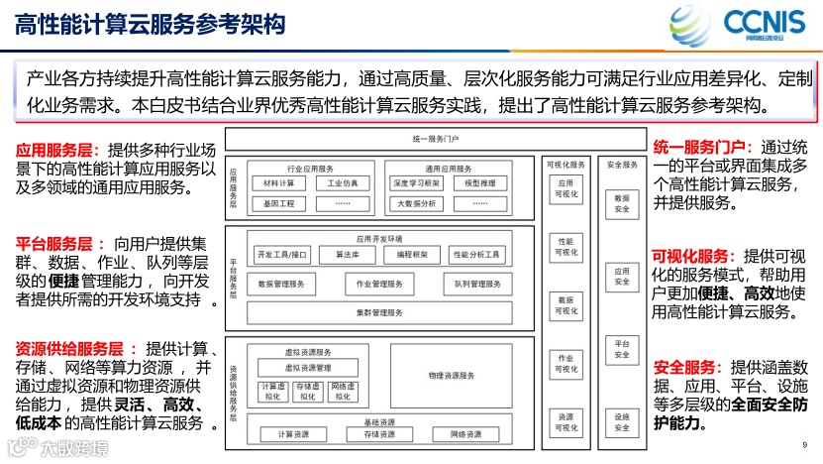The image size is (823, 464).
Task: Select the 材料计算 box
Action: (279, 183)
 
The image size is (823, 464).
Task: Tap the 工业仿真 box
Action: (343, 183)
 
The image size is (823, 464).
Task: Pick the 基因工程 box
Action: (279, 203)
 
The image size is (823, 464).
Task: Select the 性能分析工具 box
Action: (476, 255)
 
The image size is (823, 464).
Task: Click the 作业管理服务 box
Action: (379, 284)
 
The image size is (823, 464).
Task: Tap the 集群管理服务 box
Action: (379, 312)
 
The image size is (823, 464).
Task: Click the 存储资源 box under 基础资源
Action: (379, 434)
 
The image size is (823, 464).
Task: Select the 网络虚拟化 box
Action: (343, 392)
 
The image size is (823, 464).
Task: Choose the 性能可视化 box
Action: (566, 247)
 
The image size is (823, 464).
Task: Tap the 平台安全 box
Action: (621, 348)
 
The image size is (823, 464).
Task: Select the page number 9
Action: (804, 444)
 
